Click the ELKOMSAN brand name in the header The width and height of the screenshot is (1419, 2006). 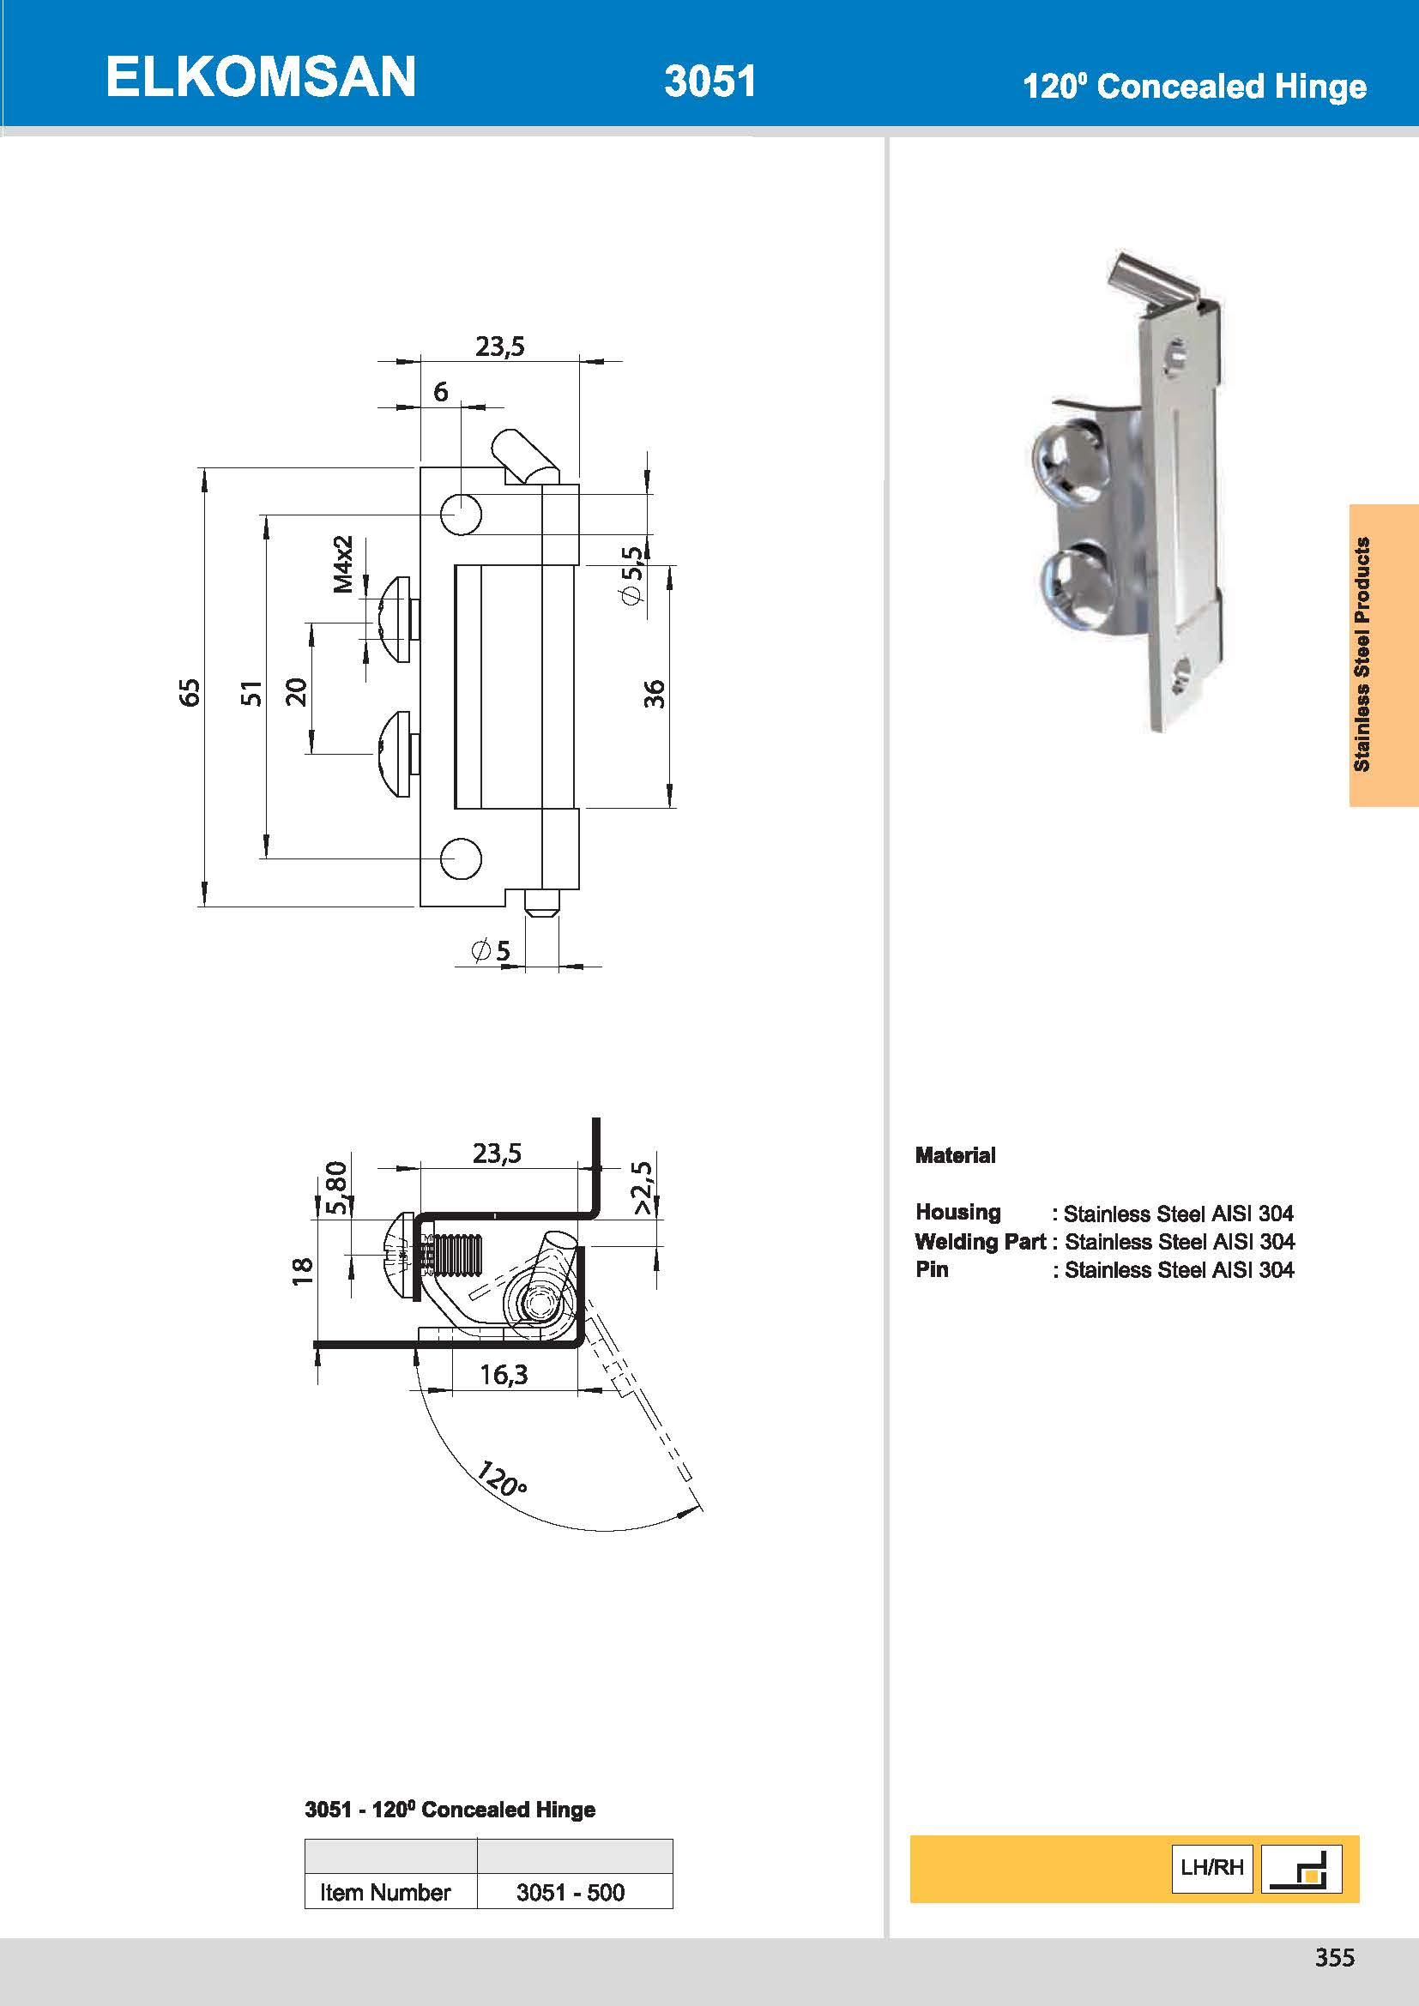[261, 77]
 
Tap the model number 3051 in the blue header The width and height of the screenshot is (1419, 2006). [709, 81]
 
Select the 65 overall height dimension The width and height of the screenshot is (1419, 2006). [189, 692]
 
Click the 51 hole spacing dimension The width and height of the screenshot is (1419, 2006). [251, 692]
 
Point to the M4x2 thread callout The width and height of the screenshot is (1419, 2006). [344, 564]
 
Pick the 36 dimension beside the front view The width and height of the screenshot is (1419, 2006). [654, 694]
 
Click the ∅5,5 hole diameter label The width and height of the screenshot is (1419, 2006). [631, 574]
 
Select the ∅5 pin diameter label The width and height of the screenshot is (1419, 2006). [491, 950]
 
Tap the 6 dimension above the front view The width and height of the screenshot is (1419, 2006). [440, 392]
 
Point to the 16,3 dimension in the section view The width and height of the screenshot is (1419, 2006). [504, 1375]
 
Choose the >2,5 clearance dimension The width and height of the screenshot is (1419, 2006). [643, 1188]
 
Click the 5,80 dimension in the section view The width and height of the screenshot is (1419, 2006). [336, 1187]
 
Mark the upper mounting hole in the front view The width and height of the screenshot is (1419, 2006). [461, 514]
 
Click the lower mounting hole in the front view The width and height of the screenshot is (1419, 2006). [461, 858]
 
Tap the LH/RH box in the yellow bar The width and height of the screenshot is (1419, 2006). [1211, 1868]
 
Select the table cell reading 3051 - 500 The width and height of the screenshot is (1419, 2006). [571, 1893]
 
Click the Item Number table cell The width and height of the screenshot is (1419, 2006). [385, 1893]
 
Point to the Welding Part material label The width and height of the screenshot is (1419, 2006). [980, 1242]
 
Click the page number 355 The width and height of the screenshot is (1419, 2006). [1334, 1957]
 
